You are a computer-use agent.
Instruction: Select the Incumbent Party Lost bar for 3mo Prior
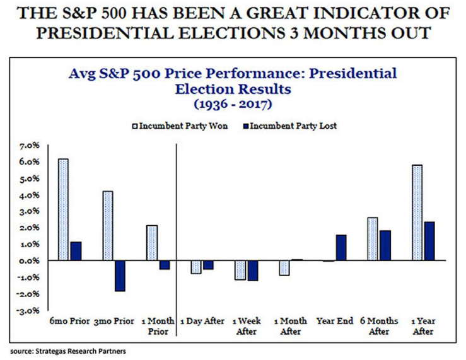click(x=120, y=276)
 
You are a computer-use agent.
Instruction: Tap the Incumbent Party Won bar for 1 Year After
click(x=417, y=212)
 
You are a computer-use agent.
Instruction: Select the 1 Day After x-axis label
click(x=202, y=321)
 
